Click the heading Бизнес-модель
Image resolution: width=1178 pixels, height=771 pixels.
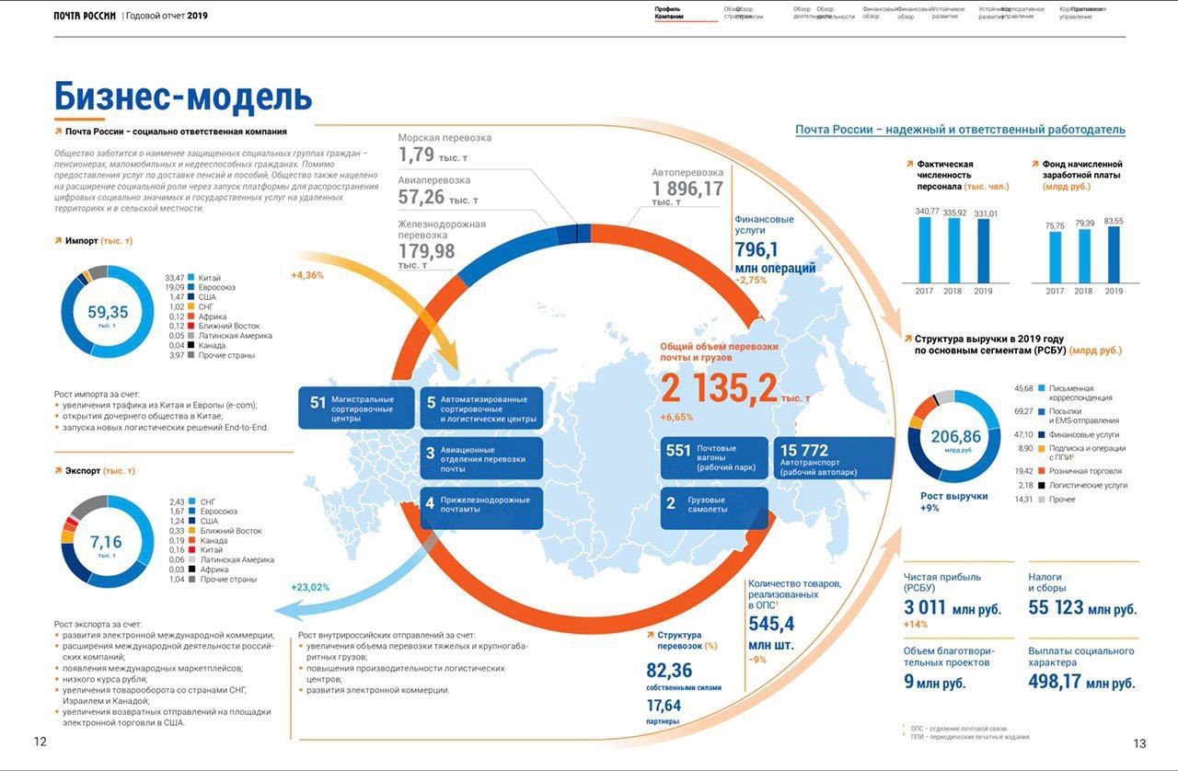[183, 97]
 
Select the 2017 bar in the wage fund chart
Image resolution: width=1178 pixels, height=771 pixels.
[1056, 257]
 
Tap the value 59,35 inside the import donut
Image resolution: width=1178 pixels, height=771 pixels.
[108, 312]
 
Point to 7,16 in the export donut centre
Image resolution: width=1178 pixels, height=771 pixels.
[106, 542]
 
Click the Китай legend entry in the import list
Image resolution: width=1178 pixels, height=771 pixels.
[209, 278]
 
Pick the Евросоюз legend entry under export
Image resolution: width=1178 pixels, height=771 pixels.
[218, 512]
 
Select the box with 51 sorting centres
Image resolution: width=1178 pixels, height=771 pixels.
[355, 407]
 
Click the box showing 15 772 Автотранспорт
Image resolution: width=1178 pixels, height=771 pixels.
[834, 457]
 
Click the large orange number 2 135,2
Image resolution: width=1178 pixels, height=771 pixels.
[719, 388]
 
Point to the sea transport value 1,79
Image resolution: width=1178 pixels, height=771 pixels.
[417, 155]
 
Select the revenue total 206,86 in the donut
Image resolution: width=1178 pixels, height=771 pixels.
[955, 437]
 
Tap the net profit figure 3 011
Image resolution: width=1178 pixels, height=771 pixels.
[925, 608]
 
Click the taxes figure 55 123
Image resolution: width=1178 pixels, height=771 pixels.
[1056, 608]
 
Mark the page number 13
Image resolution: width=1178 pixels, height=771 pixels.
[1140, 743]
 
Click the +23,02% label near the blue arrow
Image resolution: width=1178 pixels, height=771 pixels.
[310, 587]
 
